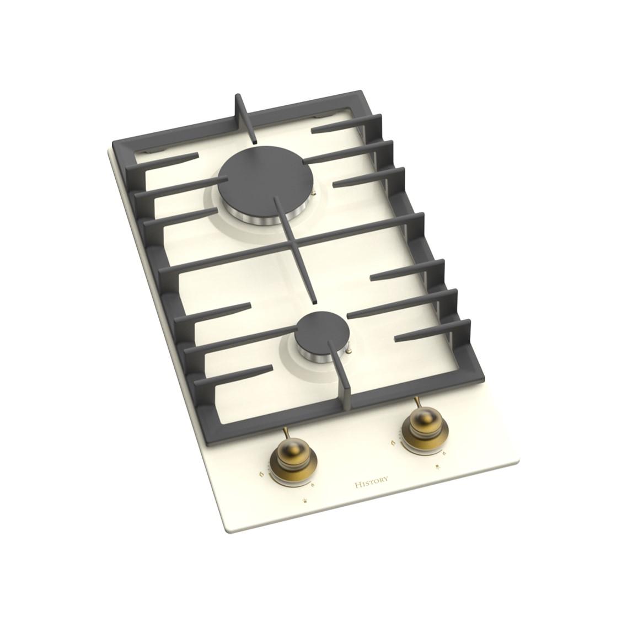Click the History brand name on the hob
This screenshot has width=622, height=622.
coord(371,482)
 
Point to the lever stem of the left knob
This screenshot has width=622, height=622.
coord(287,435)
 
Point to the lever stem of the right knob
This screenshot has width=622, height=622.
coord(419,405)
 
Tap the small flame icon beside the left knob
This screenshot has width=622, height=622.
coord(313,484)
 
